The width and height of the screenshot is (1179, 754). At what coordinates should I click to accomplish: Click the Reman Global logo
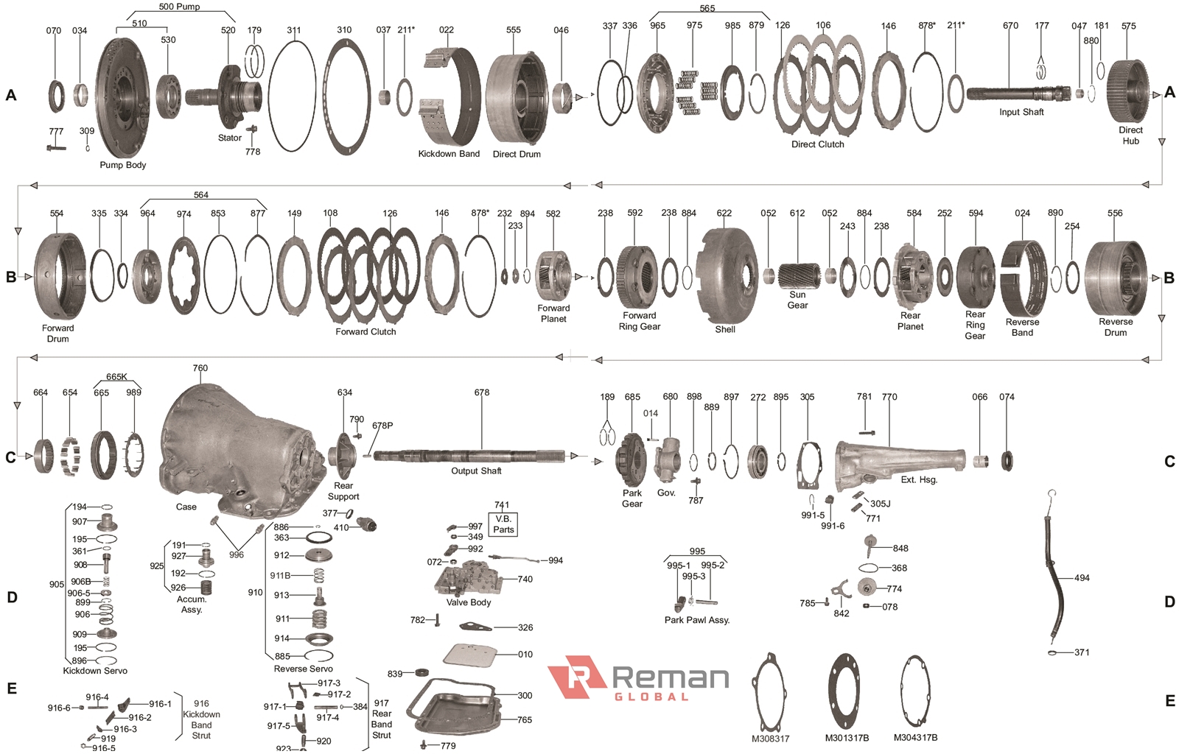638,678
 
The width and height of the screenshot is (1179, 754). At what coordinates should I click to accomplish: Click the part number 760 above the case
200,368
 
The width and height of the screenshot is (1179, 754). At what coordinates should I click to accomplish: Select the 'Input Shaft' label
1021,112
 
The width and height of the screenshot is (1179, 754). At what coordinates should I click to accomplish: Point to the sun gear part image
799,275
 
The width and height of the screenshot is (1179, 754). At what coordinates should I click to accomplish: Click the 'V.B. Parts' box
503,524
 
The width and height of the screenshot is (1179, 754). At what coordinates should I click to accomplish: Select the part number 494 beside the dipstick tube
1082,578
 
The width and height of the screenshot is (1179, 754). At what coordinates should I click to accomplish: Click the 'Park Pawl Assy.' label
697,620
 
